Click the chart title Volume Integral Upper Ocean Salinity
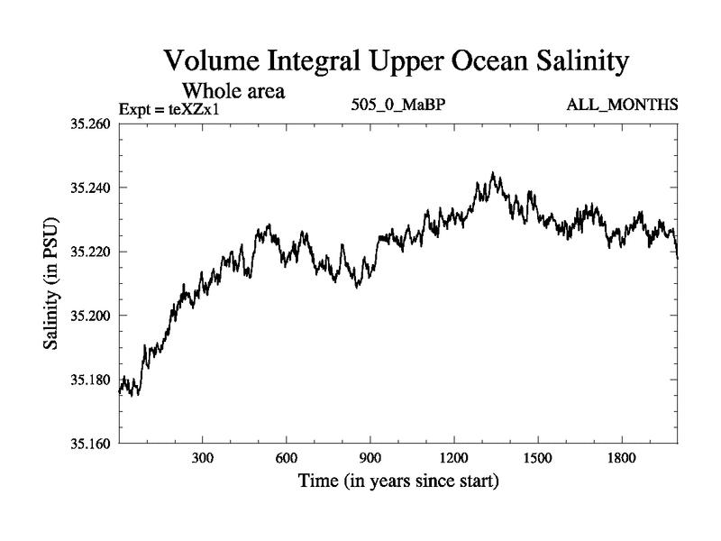(396, 62)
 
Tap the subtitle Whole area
(235, 90)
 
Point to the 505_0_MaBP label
(399, 106)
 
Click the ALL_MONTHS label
(622, 106)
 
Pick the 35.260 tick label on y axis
(90, 124)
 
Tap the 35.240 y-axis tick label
(90, 188)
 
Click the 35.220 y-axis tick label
(90, 252)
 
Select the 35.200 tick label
(90, 316)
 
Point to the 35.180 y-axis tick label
(90, 380)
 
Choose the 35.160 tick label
(90, 444)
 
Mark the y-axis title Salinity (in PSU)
(52, 283)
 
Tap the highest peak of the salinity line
(492, 173)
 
